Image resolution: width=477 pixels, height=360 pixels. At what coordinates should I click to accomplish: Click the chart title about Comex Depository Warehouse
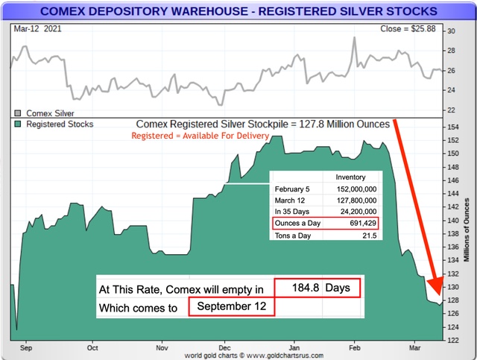(x=238, y=11)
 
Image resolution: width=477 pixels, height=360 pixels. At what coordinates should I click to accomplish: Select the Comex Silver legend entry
(x=46, y=113)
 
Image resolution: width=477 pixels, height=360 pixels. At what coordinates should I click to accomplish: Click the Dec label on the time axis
(x=225, y=347)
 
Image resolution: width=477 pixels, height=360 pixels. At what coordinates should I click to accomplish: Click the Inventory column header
(x=350, y=177)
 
